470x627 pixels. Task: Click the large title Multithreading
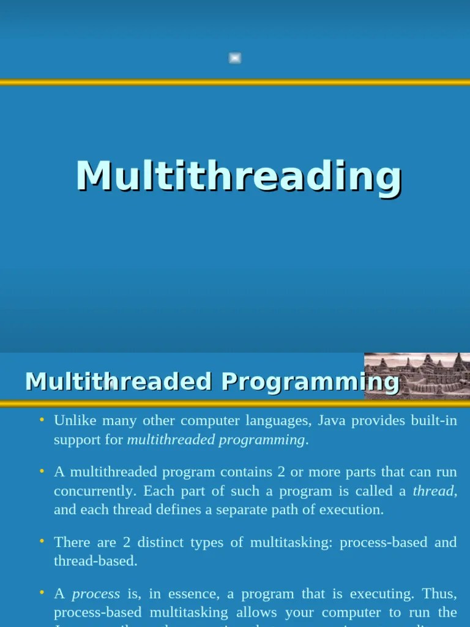point(239,177)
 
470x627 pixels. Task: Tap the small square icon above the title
point(235,58)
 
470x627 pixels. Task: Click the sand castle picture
point(417,376)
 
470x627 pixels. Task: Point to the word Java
point(333,421)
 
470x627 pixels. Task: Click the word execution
point(354,509)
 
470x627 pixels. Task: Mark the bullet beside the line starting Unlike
point(42,420)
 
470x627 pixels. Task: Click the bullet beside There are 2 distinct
point(42,541)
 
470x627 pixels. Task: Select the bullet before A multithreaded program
point(42,471)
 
